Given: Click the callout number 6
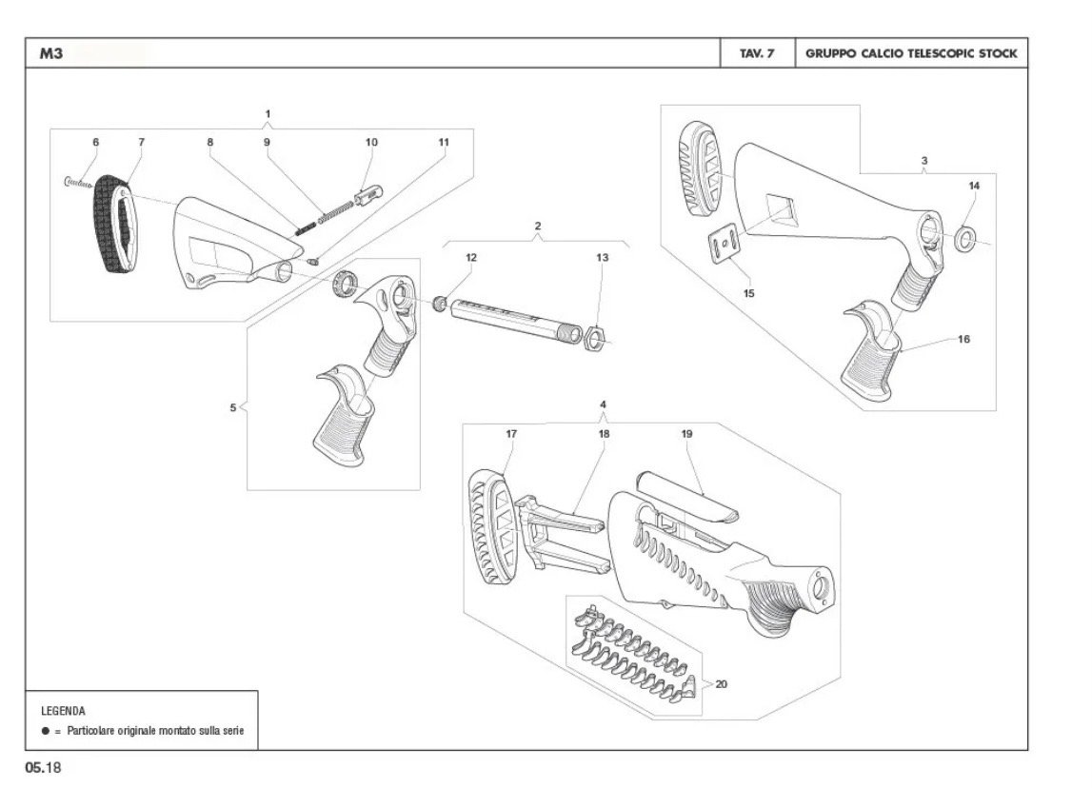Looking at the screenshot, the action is click(x=96, y=142).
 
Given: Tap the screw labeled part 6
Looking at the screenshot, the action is click(x=78, y=183).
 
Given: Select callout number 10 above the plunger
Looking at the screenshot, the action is click(x=371, y=142).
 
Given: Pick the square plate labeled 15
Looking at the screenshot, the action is click(x=725, y=243).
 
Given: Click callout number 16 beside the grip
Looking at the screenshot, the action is click(x=963, y=339).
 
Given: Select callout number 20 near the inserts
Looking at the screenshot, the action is click(x=722, y=684).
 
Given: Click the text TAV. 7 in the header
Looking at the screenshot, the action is click(x=757, y=53).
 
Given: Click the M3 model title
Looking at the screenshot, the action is click(x=50, y=53).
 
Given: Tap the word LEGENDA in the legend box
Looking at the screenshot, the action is click(x=64, y=711).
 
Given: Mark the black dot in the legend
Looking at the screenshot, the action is click(x=46, y=731).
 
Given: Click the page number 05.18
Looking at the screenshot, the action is click(x=43, y=768).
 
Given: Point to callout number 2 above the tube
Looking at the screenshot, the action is click(x=538, y=226).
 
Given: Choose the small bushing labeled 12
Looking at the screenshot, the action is click(x=440, y=305).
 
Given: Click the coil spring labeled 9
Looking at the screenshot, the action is click(x=336, y=211).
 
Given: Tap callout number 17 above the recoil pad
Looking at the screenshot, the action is click(x=511, y=434).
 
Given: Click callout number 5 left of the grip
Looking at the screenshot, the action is click(x=233, y=408).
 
